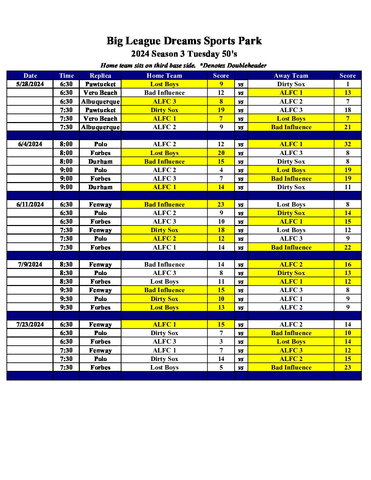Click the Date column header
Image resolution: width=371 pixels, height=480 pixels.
pyautogui.click(x=30, y=76)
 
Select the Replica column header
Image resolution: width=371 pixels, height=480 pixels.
pyautogui.click(x=100, y=76)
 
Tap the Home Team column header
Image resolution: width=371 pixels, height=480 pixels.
pyautogui.click(x=164, y=76)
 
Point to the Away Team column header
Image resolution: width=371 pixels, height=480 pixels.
pyautogui.click(x=291, y=76)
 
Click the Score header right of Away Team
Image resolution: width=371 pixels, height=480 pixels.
pyautogui.click(x=347, y=76)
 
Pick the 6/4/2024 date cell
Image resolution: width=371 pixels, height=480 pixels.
pyautogui.click(x=30, y=144)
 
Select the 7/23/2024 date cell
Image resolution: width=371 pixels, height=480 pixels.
pyautogui.click(x=30, y=325)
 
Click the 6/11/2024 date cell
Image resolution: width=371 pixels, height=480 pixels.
pyautogui.click(x=30, y=205)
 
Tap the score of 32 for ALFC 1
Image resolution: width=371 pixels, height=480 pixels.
pyautogui.click(x=347, y=144)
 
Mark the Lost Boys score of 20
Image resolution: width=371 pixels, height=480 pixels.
pyautogui.click(x=221, y=153)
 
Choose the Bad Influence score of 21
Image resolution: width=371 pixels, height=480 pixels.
pyautogui.click(x=347, y=127)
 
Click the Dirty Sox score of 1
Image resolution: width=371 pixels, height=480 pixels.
pyautogui.click(x=347, y=84)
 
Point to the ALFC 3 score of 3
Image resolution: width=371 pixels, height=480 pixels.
pyautogui.click(x=221, y=342)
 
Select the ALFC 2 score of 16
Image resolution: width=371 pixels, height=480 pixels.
pyautogui.click(x=347, y=265)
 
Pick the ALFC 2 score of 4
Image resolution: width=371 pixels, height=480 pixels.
pyautogui.click(x=221, y=170)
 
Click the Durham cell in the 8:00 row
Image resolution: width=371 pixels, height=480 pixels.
pyautogui.click(x=100, y=162)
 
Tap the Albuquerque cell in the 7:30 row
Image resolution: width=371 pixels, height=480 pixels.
pyautogui.click(x=100, y=127)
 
